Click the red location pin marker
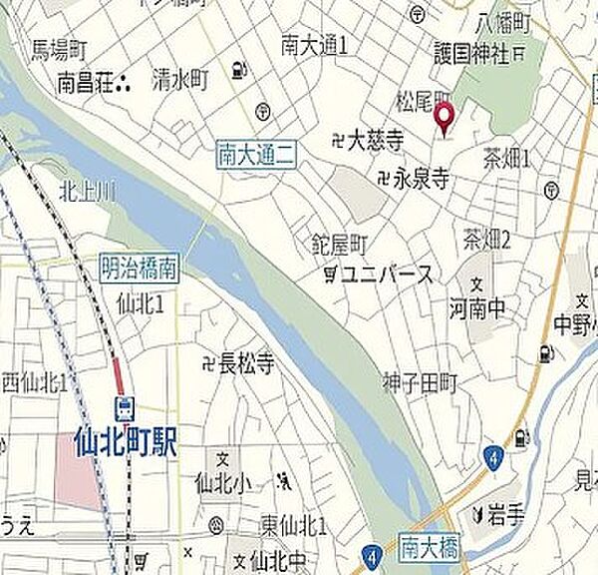pos(445,120)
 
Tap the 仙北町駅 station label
pos(126,443)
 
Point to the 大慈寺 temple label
pos(358,143)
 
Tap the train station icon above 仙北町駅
pos(126,408)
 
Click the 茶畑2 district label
pos(487,239)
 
